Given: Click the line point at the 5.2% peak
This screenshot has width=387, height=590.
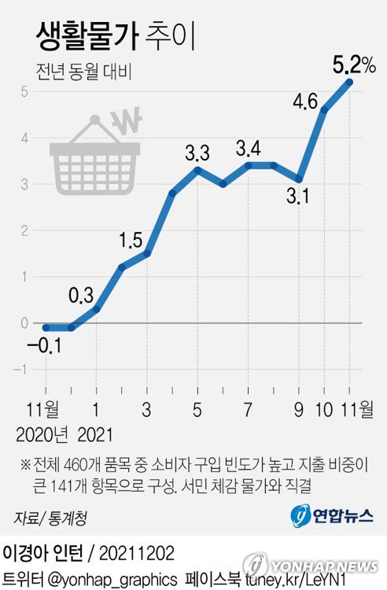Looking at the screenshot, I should point(349,82).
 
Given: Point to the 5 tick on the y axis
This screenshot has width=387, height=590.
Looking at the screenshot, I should point(24,91).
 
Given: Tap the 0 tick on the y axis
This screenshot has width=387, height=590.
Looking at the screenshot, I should point(24,323).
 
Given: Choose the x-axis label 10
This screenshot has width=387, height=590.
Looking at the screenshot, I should point(323,409).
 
